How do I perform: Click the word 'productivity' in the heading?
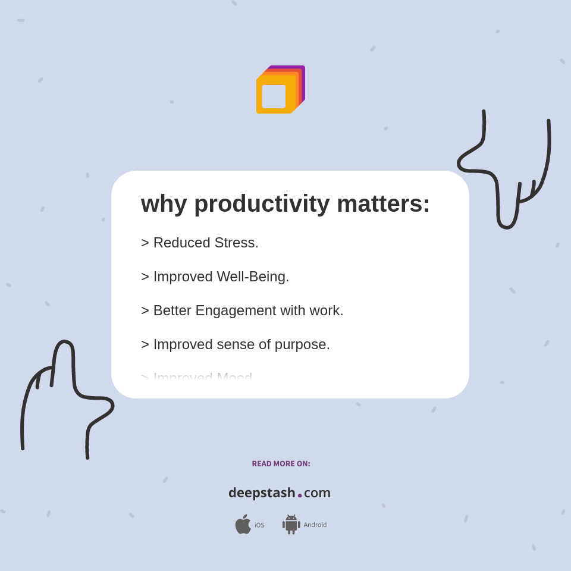click(262, 204)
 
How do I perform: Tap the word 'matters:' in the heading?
click(383, 204)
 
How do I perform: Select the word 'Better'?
click(172, 310)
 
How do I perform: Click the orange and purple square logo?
click(281, 90)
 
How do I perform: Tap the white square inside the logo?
click(274, 96)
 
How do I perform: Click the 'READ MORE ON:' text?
click(281, 464)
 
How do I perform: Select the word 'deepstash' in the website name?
click(262, 493)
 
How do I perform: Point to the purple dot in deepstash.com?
click(300, 495)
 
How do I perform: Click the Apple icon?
click(243, 524)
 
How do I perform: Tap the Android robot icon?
click(291, 524)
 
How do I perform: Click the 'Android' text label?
click(315, 525)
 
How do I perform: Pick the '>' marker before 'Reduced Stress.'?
click(145, 243)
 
